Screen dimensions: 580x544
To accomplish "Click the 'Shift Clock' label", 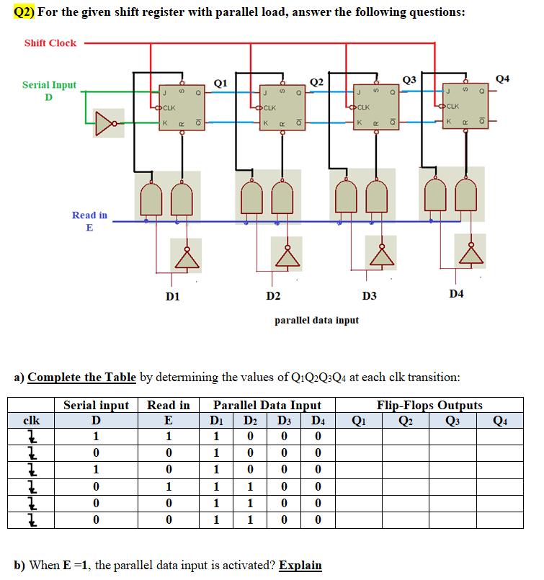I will click(x=50, y=43).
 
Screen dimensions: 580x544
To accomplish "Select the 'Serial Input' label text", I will click(x=49, y=85).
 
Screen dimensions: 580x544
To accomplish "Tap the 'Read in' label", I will click(x=89, y=215).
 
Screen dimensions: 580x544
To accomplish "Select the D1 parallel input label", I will click(x=172, y=296).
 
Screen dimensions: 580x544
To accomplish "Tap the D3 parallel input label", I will click(x=369, y=296).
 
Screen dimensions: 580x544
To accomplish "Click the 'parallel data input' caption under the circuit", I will click(x=316, y=320).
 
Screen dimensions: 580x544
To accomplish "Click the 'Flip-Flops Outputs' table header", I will click(x=429, y=405).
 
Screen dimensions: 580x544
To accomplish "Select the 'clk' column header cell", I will click(x=31, y=420).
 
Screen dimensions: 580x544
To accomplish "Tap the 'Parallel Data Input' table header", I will click(x=267, y=405).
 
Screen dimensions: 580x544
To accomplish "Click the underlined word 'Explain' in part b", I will click(x=300, y=565).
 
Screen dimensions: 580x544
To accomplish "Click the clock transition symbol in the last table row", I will click(x=31, y=519).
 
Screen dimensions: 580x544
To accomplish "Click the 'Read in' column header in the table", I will click(x=168, y=405).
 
